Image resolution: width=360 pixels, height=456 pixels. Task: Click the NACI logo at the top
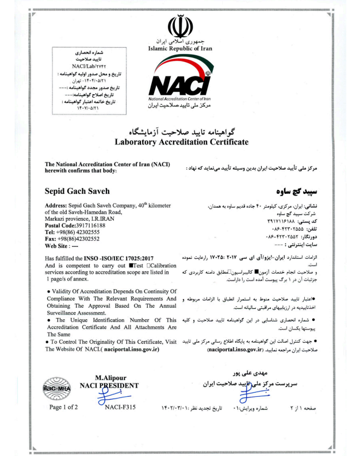179,86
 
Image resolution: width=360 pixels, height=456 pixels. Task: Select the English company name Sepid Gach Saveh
78,190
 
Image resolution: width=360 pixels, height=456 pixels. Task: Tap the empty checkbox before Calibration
148,266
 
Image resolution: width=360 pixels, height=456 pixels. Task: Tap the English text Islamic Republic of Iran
179,49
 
